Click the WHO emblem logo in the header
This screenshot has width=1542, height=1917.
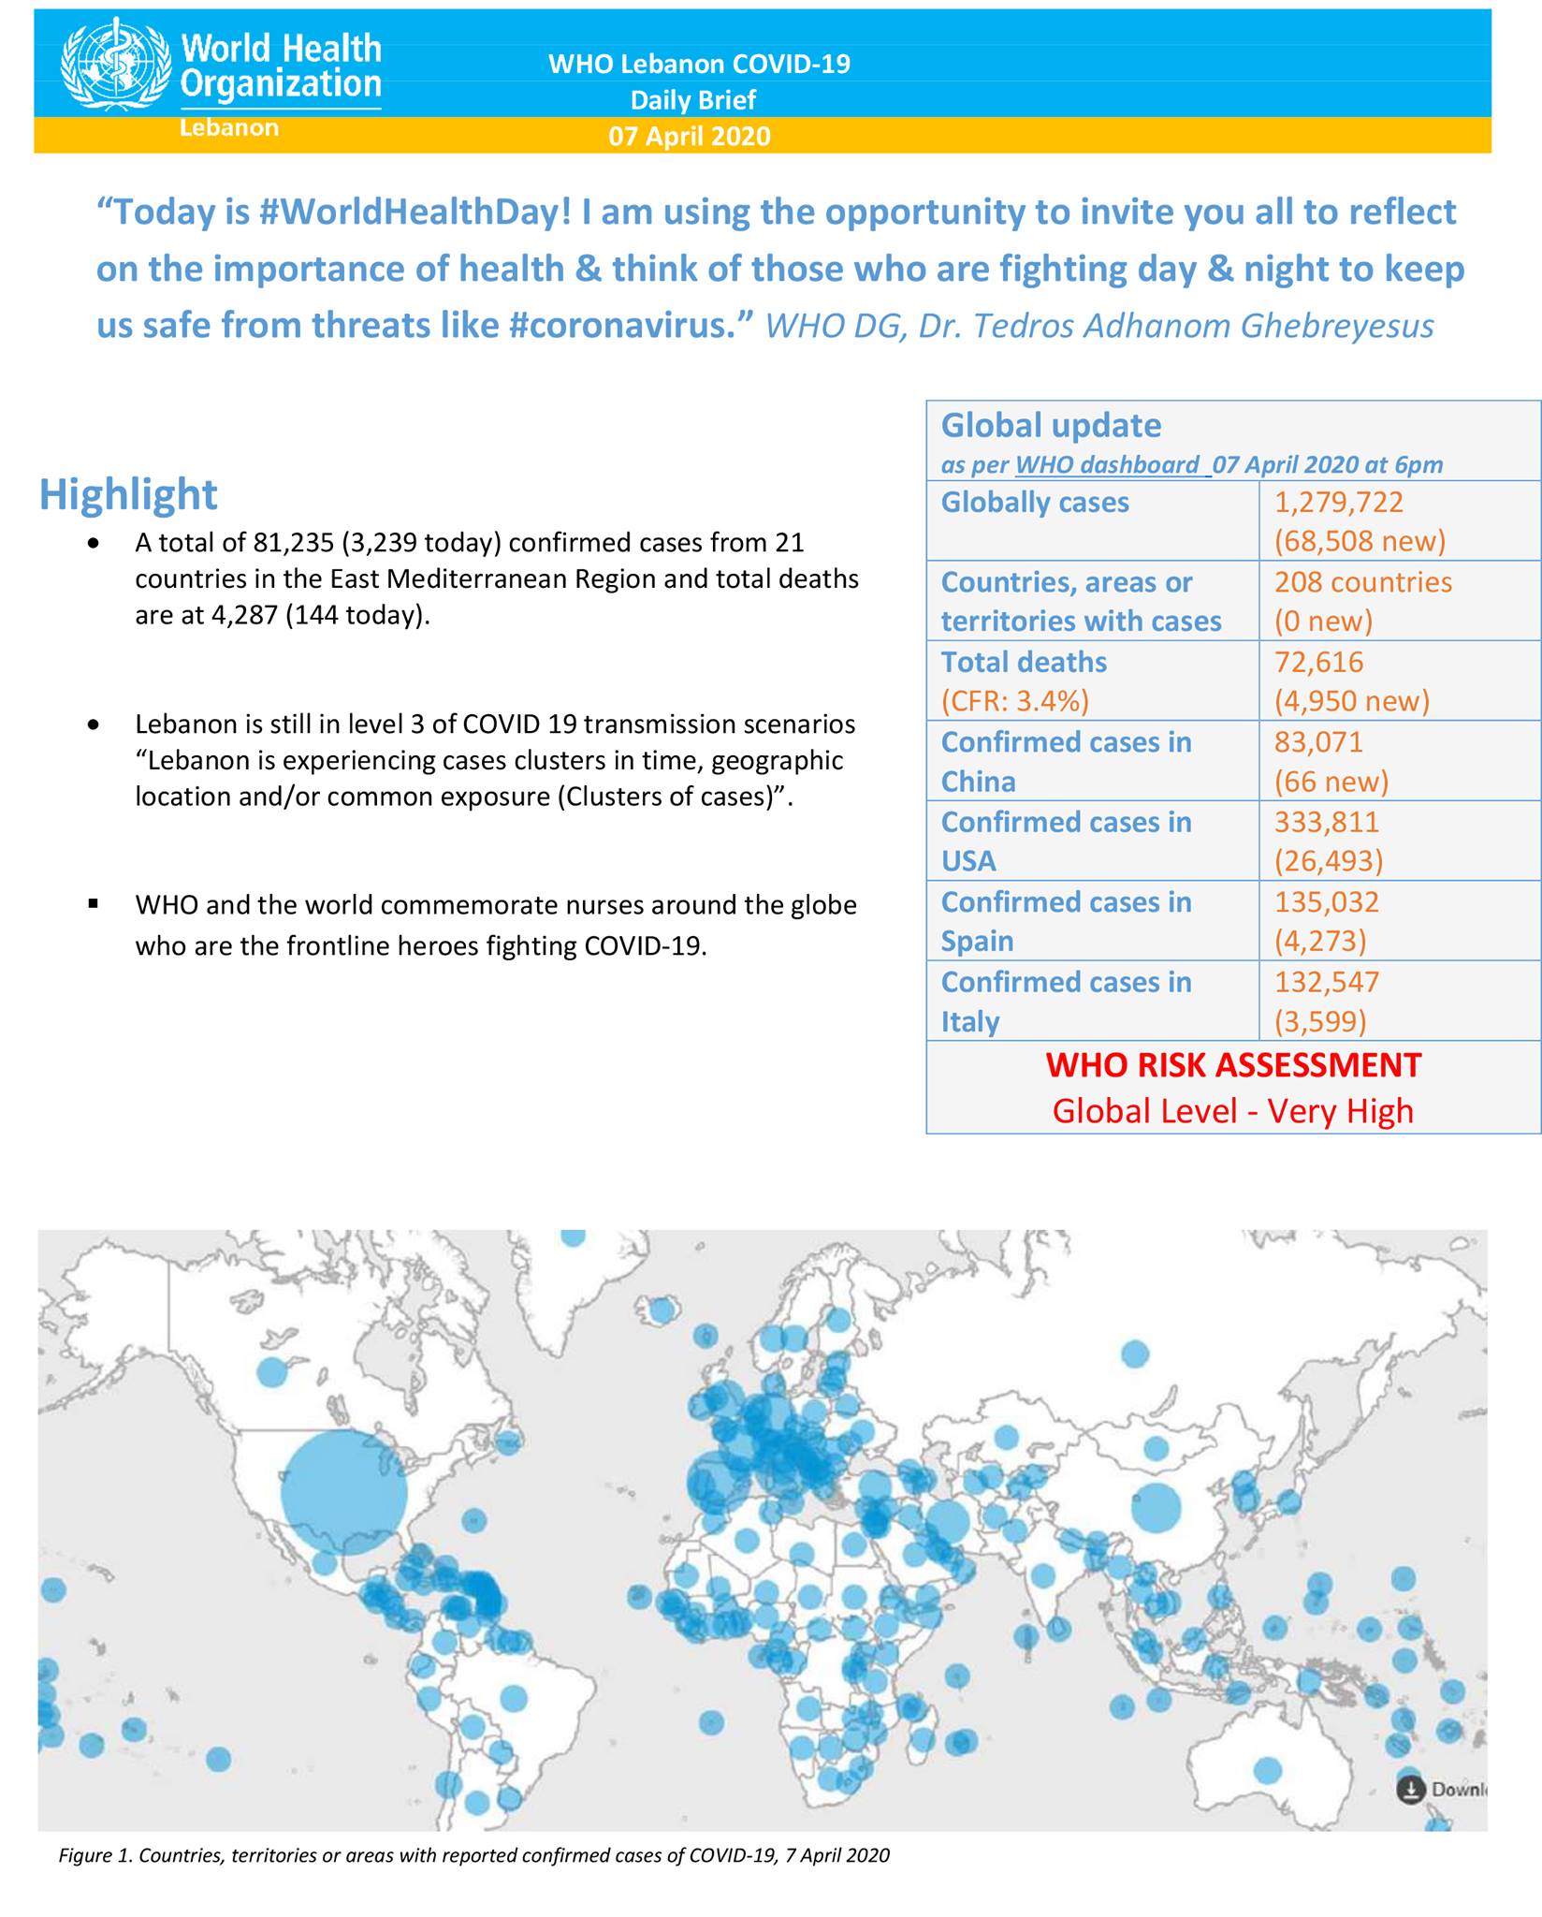(116, 66)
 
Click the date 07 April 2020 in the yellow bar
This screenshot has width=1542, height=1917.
(690, 137)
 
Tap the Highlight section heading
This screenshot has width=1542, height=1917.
(128, 494)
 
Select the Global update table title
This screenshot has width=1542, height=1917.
(1051, 426)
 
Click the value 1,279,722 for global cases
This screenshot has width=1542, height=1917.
(1338, 503)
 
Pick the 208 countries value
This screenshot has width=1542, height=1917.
(1362, 582)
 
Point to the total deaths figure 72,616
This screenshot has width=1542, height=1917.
(1318, 662)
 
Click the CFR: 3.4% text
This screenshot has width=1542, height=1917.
(1014, 701)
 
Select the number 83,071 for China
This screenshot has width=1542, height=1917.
(1318, 742)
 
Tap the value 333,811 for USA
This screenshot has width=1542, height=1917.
(1326, 822)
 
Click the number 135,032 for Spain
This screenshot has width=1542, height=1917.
(1326, 902)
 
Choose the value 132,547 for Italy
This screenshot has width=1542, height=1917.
(1326, 982)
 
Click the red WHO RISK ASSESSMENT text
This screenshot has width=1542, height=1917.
(1233, 1065)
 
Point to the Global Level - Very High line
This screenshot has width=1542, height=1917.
(1232, 1111)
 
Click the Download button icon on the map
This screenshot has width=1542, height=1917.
(1410, 1790)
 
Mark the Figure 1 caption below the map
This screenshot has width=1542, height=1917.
(474, 1855)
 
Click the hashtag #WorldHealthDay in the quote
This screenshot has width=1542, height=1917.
(414, 212)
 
